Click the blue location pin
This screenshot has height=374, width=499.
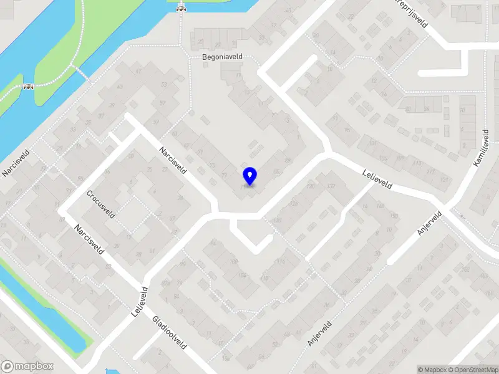point(249,176)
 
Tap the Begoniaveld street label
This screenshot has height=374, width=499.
point(221,57)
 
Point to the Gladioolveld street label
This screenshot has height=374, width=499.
point(170,332)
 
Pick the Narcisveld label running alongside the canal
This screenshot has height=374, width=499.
point(12,161)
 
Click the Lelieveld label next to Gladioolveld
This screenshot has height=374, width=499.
point(139,302)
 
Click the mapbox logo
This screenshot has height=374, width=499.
point(27,367)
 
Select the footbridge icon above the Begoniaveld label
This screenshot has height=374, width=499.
point(182,8)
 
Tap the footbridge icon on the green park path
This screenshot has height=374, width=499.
point(27,88)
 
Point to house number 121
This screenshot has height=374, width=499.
point(444,180)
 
